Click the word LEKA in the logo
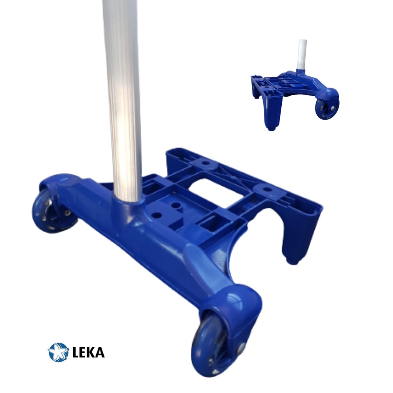click(89, 352)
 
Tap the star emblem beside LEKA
click(58, 352)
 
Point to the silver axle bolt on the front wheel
click(241, 348)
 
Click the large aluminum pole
click(122, 100)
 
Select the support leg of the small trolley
click(273, 113)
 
